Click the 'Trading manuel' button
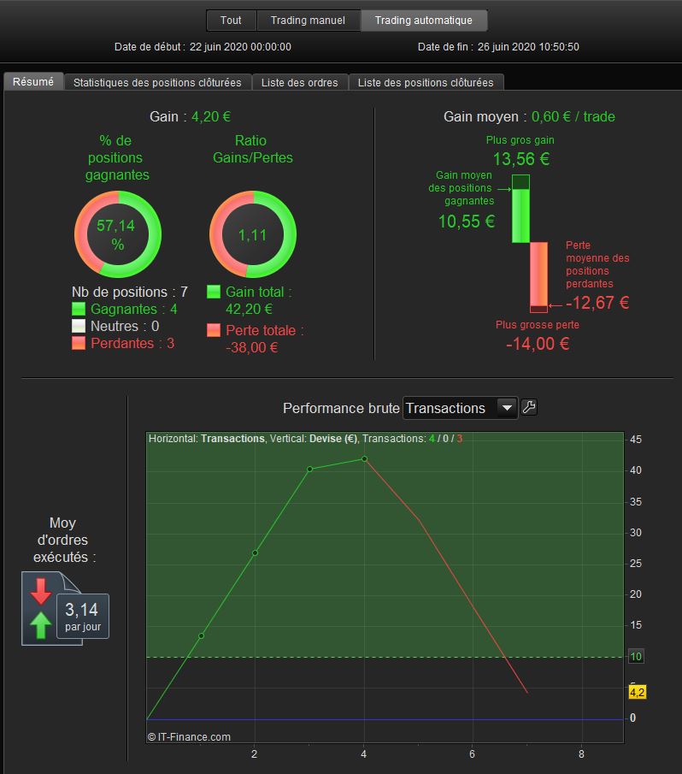click(309, 21)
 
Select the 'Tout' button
click(231, 21)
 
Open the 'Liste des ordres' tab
click(300, 82)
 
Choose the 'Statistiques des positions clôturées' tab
click(157, 82)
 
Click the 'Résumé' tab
click(33, 81)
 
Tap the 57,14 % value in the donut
click(116, 234)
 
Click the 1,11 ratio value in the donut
click(252, 235)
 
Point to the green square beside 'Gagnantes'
click(79, 309)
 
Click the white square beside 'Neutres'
click(79, 326)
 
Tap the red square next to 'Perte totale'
click(214, 330)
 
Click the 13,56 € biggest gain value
click(521, 159)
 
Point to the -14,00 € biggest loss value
click(538, 344)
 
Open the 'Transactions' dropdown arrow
click(507, 408)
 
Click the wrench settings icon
click(529, 407)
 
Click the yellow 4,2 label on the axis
click(637, 692)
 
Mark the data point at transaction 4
click(364, 459)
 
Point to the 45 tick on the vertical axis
click(636, 440)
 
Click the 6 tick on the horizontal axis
click(472, 753)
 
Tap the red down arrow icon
click(41, 591)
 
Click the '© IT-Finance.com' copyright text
click(189, 737)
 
